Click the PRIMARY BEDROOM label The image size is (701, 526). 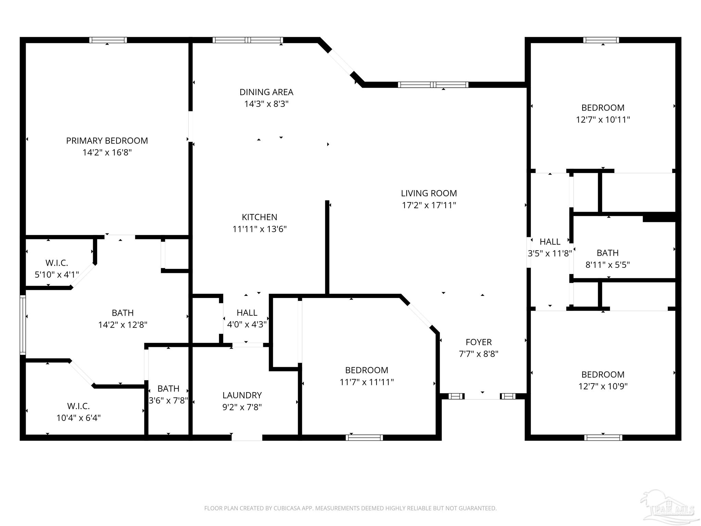[x=107, y=141]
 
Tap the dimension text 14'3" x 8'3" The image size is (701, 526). [x=266, y=104]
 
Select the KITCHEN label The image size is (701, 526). [x=259, y=217]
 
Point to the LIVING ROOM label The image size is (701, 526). [x=429, y=193]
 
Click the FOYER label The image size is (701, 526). [x=479, y=342]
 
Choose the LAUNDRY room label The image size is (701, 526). [x=242, y=396]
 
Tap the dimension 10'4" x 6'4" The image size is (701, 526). [x=78, y=418]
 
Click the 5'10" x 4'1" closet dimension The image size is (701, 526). [x=57, y=275]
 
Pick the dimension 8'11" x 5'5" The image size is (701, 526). [x=608, y=265]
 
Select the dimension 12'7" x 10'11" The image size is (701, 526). [x=603, y=120]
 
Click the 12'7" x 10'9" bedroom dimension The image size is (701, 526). [x=603, y=386]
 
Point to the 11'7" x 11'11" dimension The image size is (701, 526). [x=367, y=382]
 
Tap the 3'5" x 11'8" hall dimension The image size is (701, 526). [x=550, y=253]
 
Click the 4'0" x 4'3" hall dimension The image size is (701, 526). [x=247, y=324]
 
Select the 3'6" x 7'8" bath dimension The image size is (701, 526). [x=168, y=400]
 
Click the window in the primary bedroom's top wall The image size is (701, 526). [x=108, y=40]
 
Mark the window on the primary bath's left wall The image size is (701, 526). [x=23, y=325]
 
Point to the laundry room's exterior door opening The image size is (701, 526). [x=247, y=438]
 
